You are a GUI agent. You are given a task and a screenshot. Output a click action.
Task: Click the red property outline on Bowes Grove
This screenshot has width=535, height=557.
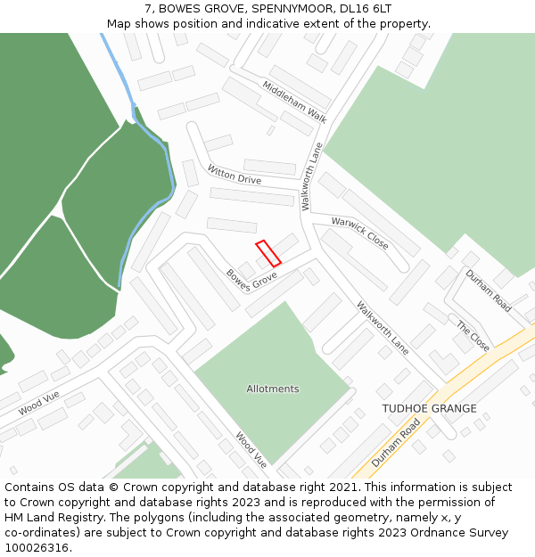(268, 253)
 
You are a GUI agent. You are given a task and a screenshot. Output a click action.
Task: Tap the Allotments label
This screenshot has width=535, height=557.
(273, 389)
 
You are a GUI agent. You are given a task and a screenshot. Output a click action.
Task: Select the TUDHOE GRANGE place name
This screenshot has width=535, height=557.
(429, 409)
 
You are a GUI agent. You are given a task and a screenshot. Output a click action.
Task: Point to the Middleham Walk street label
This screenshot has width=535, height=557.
(294, 102)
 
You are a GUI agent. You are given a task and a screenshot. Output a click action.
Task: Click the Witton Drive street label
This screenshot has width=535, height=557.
(235, 174)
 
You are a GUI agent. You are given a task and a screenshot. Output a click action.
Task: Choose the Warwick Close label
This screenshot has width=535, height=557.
(359, 233)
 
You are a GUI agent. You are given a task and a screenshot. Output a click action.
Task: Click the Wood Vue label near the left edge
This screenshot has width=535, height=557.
(38, 404)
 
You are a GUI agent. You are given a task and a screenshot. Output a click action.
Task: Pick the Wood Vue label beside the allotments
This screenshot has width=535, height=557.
(251, 450)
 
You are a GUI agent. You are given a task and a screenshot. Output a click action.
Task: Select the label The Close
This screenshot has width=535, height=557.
(473, 336)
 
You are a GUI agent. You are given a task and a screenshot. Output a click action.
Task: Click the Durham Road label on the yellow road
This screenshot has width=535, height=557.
(395, 443)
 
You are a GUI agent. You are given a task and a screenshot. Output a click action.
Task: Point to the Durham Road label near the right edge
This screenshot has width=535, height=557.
(489, 291)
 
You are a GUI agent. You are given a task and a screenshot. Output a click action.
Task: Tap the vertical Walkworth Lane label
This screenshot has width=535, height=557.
(310, 176)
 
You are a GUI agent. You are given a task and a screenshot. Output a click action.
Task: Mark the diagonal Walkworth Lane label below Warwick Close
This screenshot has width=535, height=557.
(383, 328)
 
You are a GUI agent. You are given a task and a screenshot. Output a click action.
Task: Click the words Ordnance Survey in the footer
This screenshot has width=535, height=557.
(462, 533)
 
